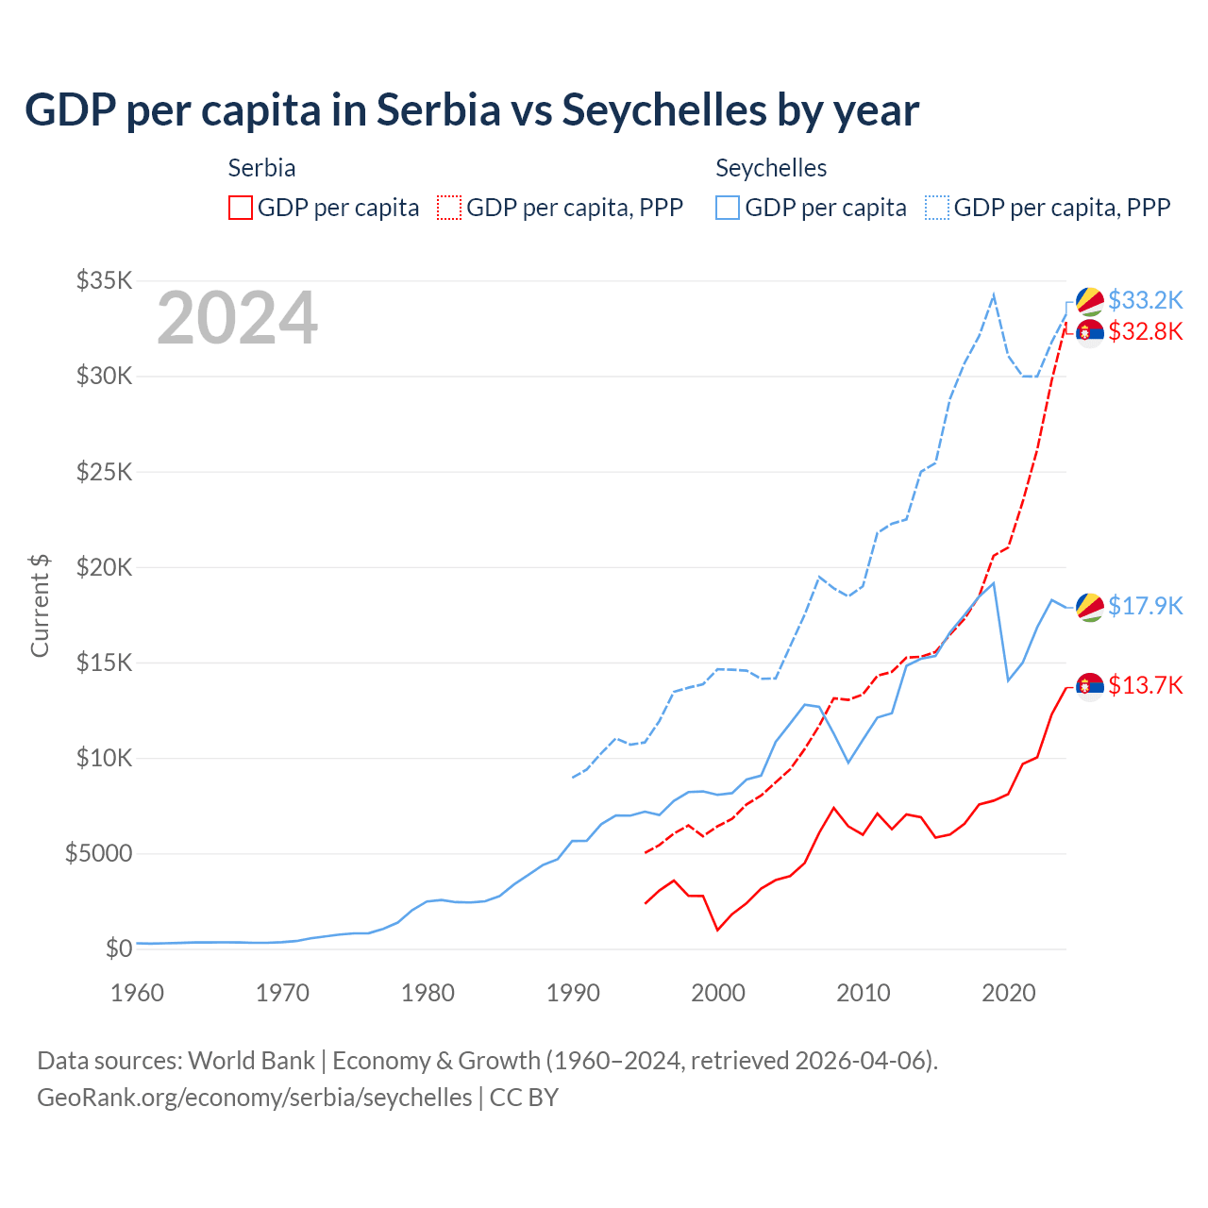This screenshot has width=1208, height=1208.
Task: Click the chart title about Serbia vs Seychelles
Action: pyautogui.click(x=472, y=110)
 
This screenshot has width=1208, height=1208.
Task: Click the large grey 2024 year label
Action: pyautogui.click(x=238, y=319)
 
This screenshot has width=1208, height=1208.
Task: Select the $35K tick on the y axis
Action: pyautogui.click(x=105, y=280)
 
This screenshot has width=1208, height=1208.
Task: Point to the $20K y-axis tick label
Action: pyautogui.click(x=105, y=567)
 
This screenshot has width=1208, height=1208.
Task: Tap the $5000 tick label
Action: pyautogui.click(x=98, y=854)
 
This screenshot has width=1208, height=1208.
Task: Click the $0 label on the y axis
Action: pyautogui.click(x=118, y=948)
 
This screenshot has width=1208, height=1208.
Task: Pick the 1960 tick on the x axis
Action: pyautogui.click(x=138, y=993)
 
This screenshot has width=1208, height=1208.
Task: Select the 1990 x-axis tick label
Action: pyautogui.click(x=574, y=993)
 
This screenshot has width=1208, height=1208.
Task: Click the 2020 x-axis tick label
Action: pyautogui.click(x=1009, y=993)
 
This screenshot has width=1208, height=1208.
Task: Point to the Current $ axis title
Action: pyautogui.click(x=40, y=606)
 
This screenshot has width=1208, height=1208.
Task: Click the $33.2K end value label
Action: pyautogui.click(x=1145, y=300)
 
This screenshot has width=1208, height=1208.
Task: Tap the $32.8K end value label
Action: pyautogui.click(x=1145, y=331)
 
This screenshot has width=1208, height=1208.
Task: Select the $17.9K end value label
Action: pyautogui.click(x=1145, y=606)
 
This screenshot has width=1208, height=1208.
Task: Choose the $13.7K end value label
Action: pyautogui.click(x=1145, y=685)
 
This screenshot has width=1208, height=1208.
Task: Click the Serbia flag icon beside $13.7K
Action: pyautogui.click(x=1090, y=686)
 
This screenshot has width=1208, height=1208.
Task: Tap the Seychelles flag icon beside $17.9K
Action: pyautogui.click(x=1090, y=607)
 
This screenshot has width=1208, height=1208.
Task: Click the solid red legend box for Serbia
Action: pyautogui.click(x=241, y=208)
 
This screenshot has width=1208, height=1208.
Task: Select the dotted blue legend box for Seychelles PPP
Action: pyautogui.click(x=937, y=208)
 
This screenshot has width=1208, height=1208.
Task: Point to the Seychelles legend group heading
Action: pyautogui.click(x=771, y=168)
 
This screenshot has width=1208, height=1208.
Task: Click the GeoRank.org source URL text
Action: pyautogui.click(x=255, y=1098)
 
